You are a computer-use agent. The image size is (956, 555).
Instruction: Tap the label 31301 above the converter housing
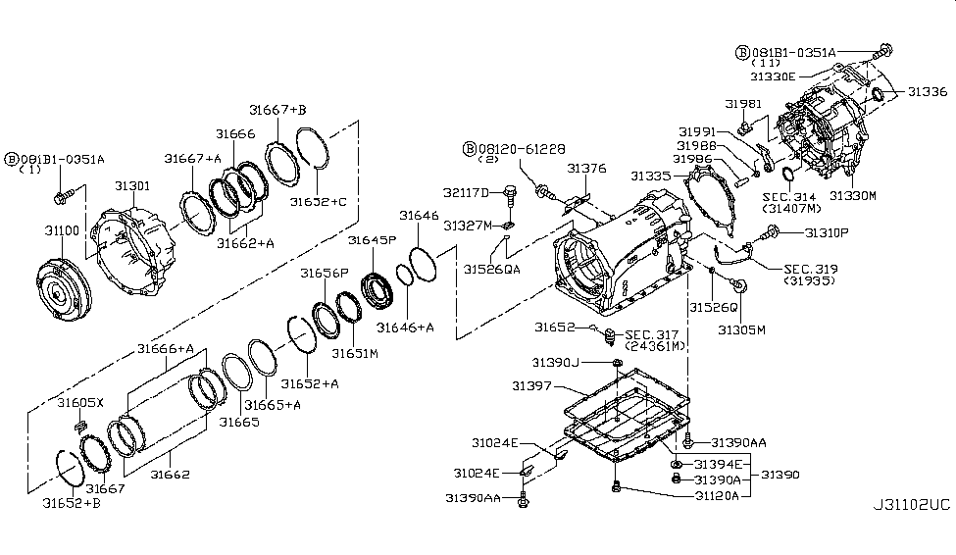point(132,185)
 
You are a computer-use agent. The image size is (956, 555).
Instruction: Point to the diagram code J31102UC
point(911,506)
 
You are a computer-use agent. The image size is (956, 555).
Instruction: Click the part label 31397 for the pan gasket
point(531,387)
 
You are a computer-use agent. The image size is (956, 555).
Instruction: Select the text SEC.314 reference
point(789,196)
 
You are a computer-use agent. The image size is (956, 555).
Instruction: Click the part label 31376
point(588,169)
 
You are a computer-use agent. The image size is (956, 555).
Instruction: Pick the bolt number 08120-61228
point(522,148)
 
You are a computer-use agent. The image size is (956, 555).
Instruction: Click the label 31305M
point(740,330)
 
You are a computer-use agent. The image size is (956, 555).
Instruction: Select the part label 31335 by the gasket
point(652,176)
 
